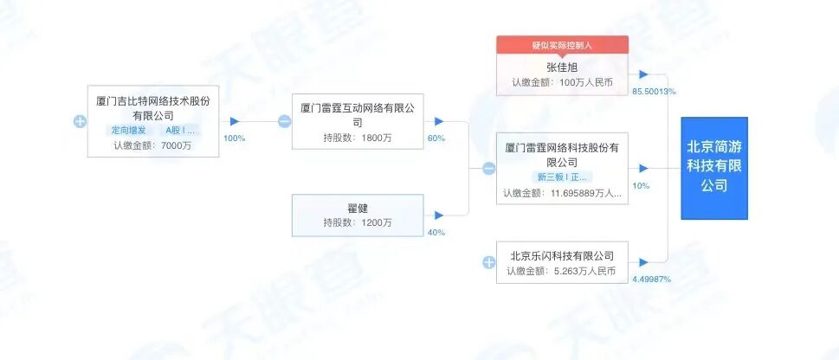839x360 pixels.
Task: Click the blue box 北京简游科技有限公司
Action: [x=713, y=168]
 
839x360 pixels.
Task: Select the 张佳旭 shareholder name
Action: [x=561, y=67]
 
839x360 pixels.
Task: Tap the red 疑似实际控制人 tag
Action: [x=561, y=45]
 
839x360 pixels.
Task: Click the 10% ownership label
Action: [x=641, y=186]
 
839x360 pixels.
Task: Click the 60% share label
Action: [x=436, y=138]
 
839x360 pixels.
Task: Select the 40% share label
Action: [x=436, y=232]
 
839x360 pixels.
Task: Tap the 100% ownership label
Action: [x=235, y=138]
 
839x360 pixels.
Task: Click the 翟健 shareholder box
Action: [x=358, y=215]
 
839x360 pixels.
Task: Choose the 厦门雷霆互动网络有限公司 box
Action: [x=358, y=120]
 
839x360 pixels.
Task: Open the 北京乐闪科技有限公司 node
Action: [x=561, y=262]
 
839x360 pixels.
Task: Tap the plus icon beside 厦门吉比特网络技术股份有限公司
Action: [x=80, y=121]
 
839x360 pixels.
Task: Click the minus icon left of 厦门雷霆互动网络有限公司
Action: [x=284, y=121]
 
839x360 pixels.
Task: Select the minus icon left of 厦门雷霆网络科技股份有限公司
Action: [x=488, y=169]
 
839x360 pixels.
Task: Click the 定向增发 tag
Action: [x=127, y=131]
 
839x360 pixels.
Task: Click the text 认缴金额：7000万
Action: [x=152, y=145]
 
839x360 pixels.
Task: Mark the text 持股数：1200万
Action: [x=358, y=222]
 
